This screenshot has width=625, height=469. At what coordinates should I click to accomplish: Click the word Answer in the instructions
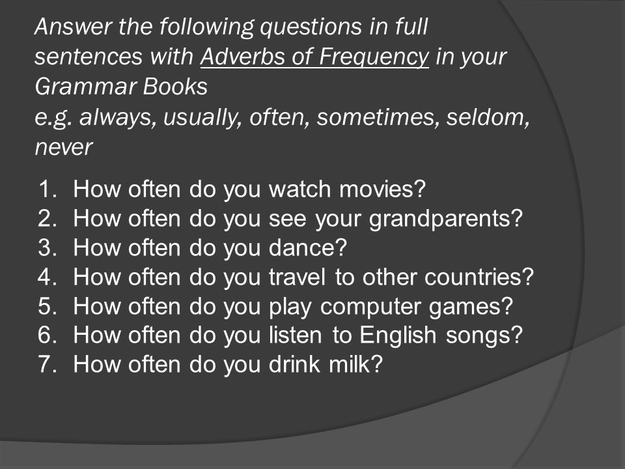74,26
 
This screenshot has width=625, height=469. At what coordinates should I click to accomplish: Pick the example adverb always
117,117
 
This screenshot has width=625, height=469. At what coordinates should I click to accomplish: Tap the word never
64,147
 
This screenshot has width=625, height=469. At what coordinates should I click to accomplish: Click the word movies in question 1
383,189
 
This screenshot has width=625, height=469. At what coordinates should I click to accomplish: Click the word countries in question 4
479,277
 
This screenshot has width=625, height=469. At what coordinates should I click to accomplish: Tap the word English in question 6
398,335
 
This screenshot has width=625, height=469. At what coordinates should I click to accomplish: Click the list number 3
48,248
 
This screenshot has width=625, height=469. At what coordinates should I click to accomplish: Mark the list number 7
48,364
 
